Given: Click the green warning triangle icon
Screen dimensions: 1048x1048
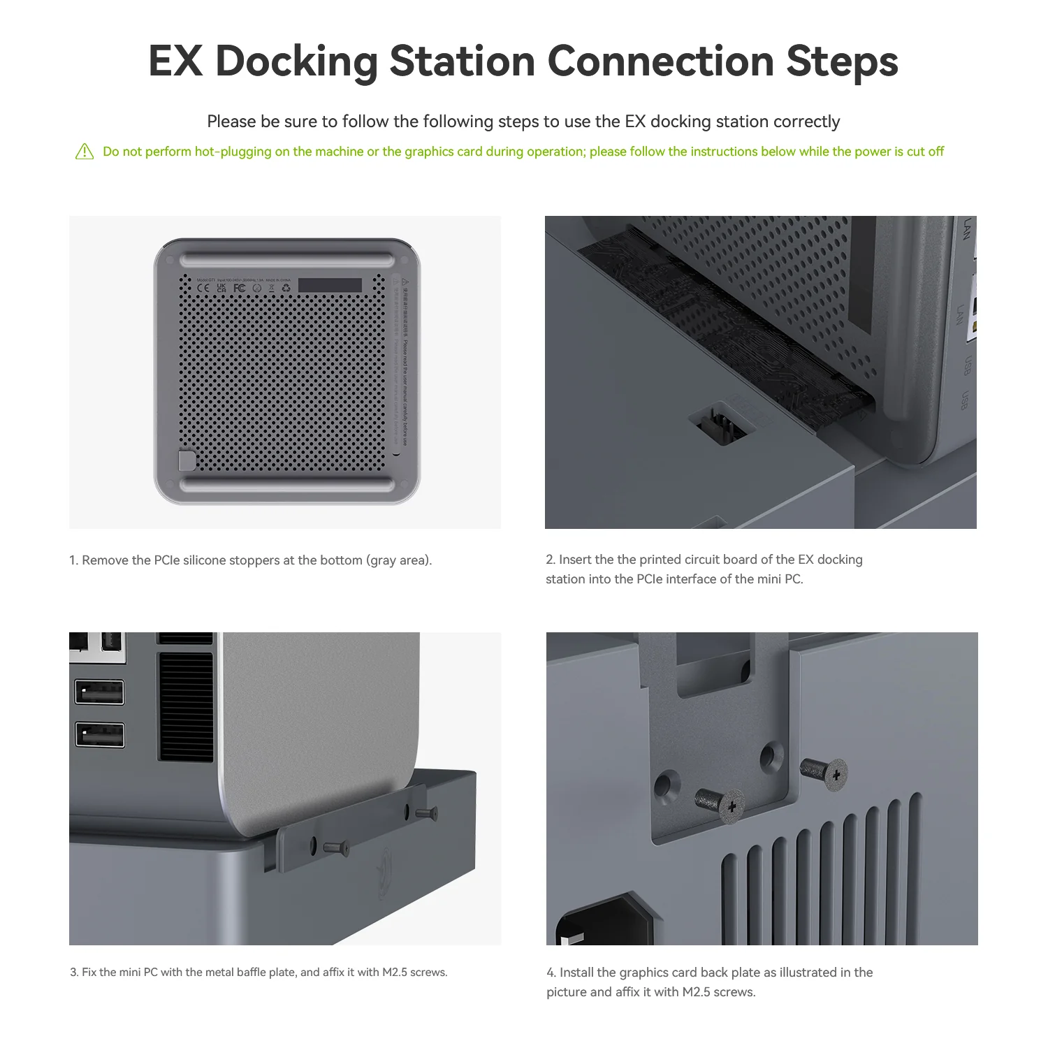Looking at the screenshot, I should coord(85,152).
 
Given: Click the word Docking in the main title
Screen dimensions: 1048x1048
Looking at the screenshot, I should coord(296,61).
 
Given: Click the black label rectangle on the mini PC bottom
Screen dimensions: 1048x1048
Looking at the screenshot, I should coord(330,285).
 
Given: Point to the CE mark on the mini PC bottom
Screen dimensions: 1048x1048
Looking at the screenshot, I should coord(203,288).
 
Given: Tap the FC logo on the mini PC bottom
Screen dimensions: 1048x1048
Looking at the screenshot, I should coord(239,288).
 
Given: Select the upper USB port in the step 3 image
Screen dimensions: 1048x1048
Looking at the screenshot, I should coord(100,692).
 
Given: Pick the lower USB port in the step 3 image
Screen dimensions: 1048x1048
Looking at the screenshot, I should coord(100,736).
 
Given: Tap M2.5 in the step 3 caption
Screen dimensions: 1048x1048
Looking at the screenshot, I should coord(395,973).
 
